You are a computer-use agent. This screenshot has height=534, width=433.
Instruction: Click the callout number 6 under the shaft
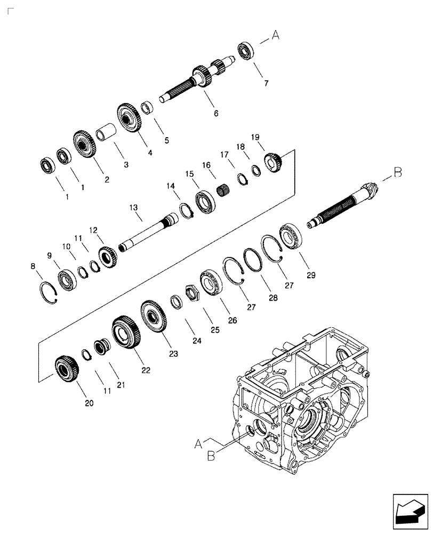pos(216,113)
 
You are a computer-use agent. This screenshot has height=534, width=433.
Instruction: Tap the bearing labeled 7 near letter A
pos(246,51)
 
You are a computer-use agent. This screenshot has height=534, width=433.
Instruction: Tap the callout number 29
pos(311,276)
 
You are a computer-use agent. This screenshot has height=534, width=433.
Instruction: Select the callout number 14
pos(170,185)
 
